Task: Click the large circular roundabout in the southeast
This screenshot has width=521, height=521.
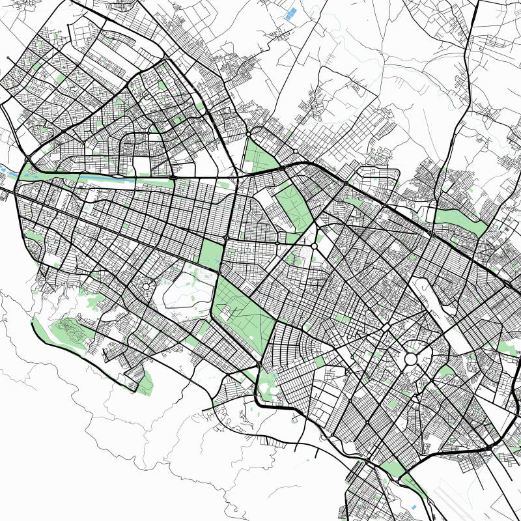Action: (411, 359)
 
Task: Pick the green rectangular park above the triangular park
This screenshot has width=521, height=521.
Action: (210, 254)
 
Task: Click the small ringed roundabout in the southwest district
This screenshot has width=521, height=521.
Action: (146, 286)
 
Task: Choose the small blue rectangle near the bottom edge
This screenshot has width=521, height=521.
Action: (413, 506)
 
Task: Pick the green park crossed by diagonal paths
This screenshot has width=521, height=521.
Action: (294, 205)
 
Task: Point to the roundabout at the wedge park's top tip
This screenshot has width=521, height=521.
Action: (249, 134)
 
